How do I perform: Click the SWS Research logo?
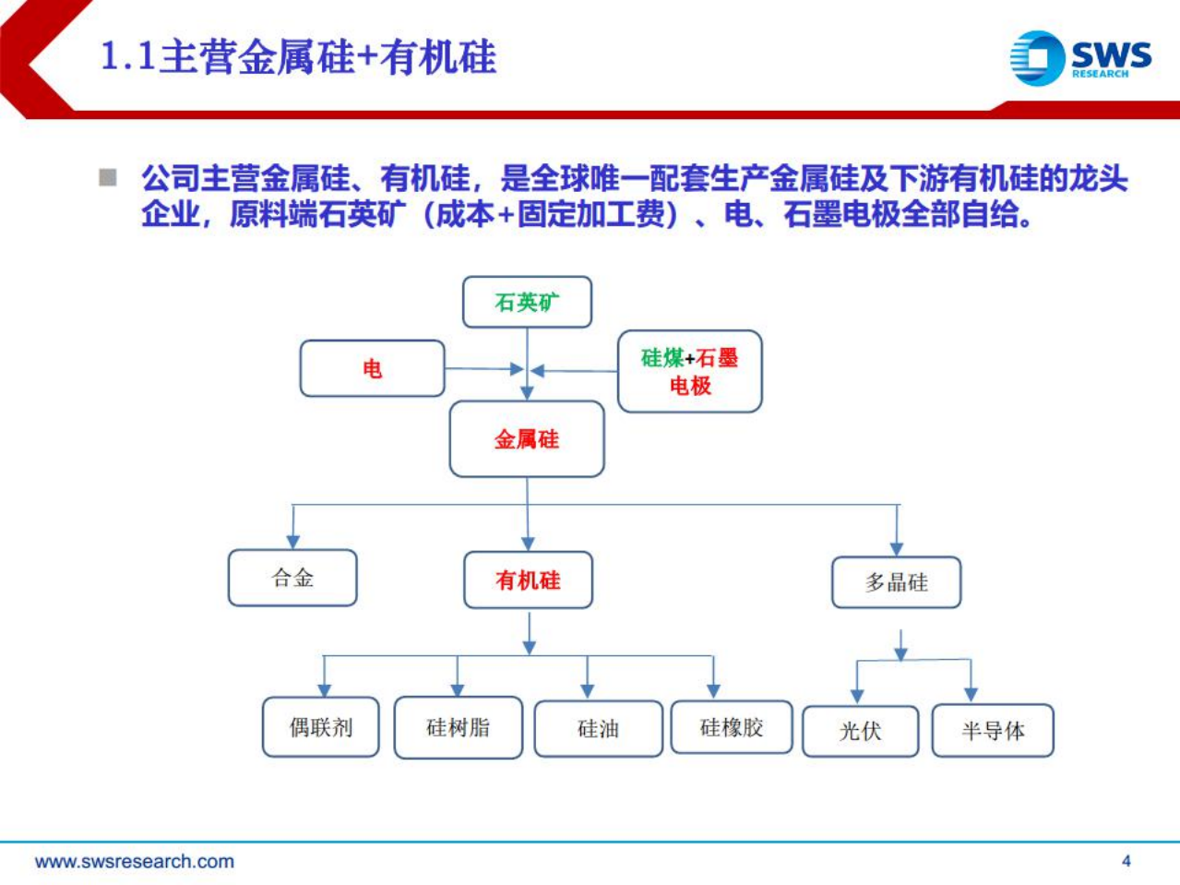click(1080, 58)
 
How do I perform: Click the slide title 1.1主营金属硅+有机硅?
click(298, 57)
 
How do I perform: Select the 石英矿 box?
click(527, 302)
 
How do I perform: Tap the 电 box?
click(372, 369)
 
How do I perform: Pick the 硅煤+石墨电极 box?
click(689, 371)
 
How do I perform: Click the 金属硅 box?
click(527, 439)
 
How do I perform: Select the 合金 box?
click(292, 578)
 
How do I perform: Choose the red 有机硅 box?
click(528, 580)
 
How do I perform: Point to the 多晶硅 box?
click(896, 582)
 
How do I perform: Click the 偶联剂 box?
click(320, 727)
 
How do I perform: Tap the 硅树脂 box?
click(458, 727)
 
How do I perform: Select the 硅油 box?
click(598, 729)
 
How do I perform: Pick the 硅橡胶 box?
click(732, 727)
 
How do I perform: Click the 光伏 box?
click(860, 731)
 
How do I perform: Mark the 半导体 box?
click(993, 731)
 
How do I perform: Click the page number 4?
click(1126, 860)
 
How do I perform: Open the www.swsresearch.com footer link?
click(135, 861)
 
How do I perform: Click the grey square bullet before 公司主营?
click(108, 177)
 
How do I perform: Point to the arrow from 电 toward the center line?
click(484, 369)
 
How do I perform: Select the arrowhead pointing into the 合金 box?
click(292, 541)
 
